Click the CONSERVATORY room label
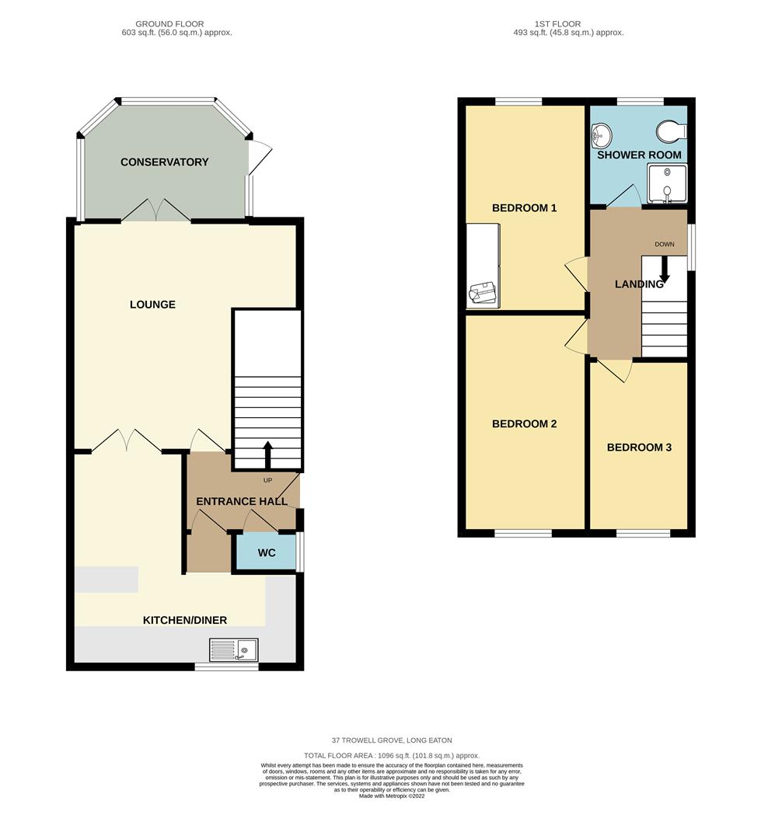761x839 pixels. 164,162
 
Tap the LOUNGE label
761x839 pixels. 152,305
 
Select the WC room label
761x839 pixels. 267,554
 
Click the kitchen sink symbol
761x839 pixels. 234,649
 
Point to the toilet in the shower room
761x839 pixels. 670,130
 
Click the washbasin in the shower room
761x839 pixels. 600,138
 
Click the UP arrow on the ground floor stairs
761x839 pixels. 268,455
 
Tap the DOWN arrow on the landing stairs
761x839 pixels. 665,269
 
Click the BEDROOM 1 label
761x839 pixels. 524,208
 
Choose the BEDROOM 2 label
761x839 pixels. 524,424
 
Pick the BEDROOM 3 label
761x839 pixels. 639,447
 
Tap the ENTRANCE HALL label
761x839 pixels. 241,502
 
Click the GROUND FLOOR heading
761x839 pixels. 169,24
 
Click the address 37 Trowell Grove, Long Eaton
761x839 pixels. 392,740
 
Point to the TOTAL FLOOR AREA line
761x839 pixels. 392,755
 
